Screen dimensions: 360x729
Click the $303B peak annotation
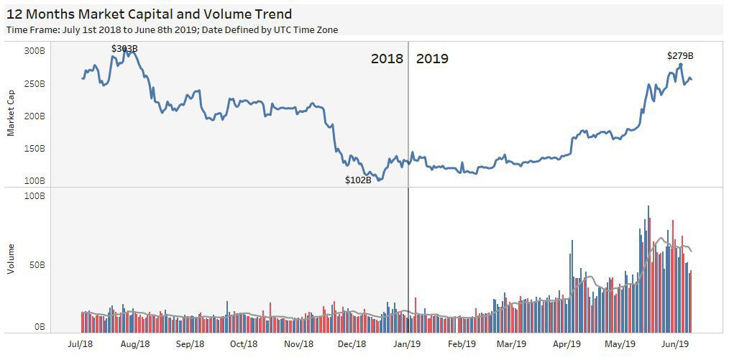[124, 49]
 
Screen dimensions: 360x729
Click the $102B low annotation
[358, 180]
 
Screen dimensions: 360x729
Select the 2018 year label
[387, 59]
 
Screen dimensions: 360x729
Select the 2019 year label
[432, 59]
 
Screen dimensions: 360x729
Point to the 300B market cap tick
[34, 51]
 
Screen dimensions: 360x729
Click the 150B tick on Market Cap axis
[34, 149]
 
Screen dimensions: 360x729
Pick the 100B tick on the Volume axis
[34, 195]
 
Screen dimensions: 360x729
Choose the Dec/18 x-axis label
[352, 344]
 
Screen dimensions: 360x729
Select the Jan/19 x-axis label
[407, 344]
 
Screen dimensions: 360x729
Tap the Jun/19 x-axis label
[675, 344]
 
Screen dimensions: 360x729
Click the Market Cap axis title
[11, 117]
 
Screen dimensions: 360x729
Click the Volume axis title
[11, 259]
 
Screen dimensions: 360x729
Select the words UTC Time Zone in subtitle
[306, 29]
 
